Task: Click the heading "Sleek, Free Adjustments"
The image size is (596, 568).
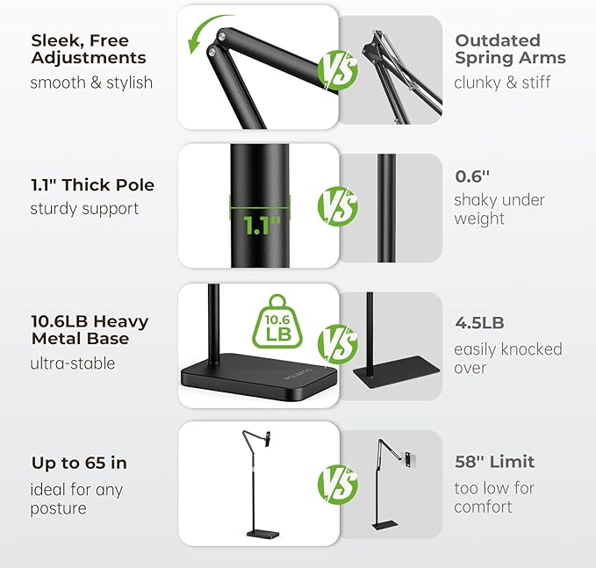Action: pyautogui.click(x=88, y=49)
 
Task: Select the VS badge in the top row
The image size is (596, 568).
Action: pyautogui.click(x=339, y=68)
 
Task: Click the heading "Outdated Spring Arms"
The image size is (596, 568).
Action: pyautogui.click(x=509, y=49)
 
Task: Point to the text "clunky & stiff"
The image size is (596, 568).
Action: pyautogui.click(x=503, y=83)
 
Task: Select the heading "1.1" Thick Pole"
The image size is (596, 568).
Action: pyautogui.click(x=92, y=185)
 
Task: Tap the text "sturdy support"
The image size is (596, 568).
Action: pyautogui.click(x=84, y=209)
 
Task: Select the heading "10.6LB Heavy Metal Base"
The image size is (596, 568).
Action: pyautogui.click(x=90, y=330)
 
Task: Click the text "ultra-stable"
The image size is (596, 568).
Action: pyautogui.click(x=73, y=363)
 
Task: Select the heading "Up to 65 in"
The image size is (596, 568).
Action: pyautogui.click(x=79, y=463)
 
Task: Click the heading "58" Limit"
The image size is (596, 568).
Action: pyautogui.click(x=493, y=462)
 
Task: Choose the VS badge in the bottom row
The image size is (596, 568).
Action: pyautogui.click(x=339, y=483)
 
